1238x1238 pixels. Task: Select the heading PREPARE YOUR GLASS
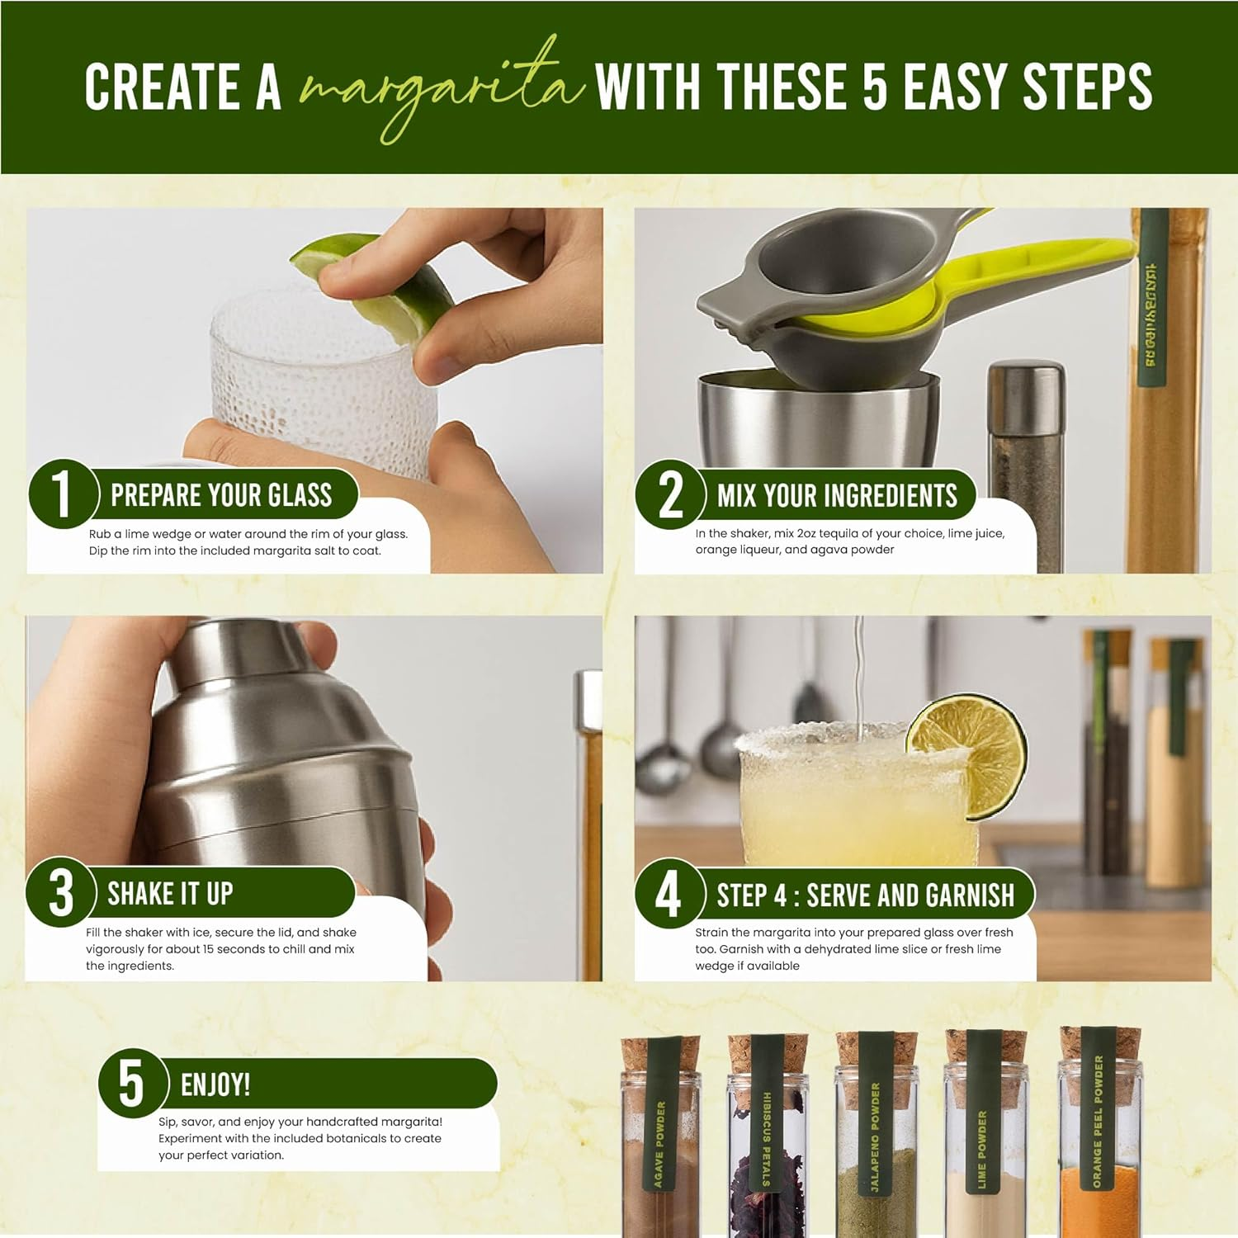221,495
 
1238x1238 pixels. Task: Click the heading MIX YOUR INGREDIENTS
837,496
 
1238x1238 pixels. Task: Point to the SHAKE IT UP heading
170,894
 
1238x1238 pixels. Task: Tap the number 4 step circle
668,894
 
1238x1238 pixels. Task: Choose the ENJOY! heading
215,1084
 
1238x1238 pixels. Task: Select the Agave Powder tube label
659,1143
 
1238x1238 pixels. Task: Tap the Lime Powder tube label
982,1147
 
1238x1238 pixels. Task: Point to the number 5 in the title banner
875,87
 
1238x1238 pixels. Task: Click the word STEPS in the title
1087,87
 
